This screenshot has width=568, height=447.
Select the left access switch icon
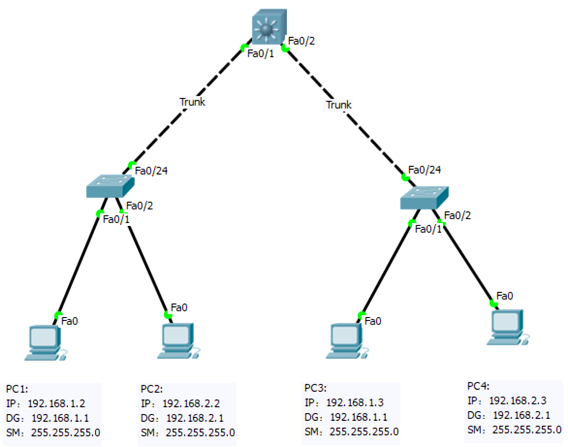coord(110,187)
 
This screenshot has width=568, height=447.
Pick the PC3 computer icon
coord(346,341)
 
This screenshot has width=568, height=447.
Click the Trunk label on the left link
coord(192,102)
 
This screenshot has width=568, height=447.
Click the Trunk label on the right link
coord(339,105)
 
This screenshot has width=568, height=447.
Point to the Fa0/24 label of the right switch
coord(425,170)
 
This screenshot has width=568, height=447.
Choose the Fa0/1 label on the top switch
coord(261,54)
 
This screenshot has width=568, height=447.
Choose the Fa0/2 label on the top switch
coord(301,41)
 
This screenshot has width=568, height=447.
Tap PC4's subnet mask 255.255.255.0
coord(527,430)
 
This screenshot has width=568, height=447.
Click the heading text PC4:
coord(478,386)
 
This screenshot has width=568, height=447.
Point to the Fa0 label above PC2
coord(179,307)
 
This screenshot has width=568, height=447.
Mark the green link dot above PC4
coord(494,304)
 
